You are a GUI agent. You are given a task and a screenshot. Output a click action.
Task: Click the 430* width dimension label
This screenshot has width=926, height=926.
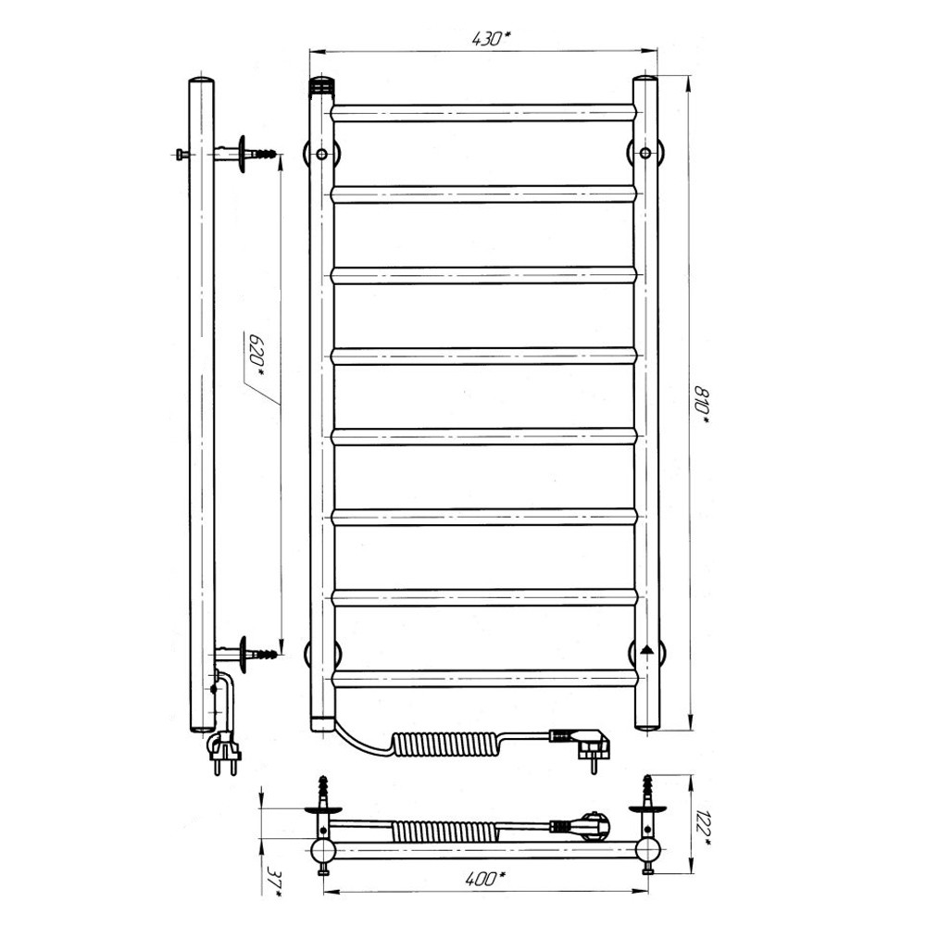[491, 39]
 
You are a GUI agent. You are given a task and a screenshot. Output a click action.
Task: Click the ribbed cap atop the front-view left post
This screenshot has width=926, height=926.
[322, 86]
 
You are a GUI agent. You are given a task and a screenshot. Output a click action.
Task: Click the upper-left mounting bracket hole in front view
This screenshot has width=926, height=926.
[322, 155]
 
